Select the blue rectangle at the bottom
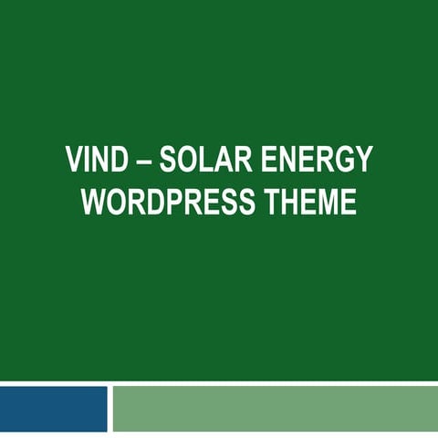[x=53, y=408]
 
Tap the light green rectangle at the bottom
[x=274, y=408]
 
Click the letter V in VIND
[x=74, y=160]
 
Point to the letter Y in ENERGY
[x=363, y=160]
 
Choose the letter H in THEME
[x=287, y=202]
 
